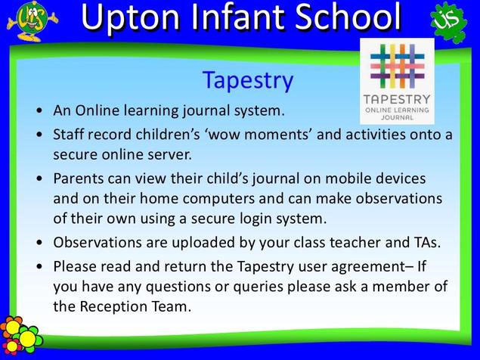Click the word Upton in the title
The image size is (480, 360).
click(131, 18)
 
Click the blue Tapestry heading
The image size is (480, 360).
click(248, 81)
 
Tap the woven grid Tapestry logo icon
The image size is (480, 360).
click(397, 66)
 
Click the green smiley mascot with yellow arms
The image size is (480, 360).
click(33, 21)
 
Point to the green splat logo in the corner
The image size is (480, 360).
click(448, 22)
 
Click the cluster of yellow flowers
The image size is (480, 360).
click(19, 335)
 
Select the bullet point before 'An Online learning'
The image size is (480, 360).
click(39, 110)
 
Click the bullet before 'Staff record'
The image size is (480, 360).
click(39, 135)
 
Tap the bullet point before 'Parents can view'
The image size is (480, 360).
click(39, 178)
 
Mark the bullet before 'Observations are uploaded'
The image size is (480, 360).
click(39, 243)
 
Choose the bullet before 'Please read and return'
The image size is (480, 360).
click(39, 266)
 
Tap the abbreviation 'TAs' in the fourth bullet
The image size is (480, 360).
click(425, 242)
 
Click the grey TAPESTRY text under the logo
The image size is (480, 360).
click(397, 100)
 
